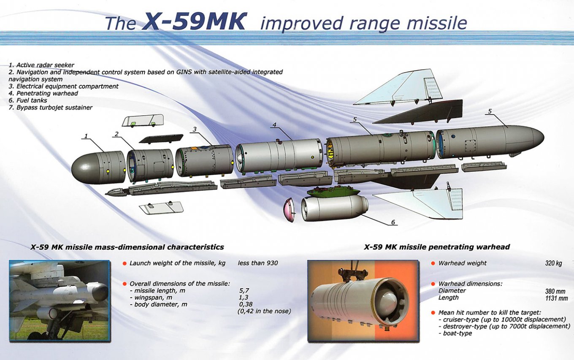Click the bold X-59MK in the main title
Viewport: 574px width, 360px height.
pyautogui.click(x=193, y=22)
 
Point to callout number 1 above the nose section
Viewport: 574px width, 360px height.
pyautogui.click(x=86, y=136)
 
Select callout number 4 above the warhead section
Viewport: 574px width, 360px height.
pyautogui.click(x=274, y=125)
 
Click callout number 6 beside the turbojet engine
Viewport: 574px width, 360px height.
pyautogui.click(x=393, y=222)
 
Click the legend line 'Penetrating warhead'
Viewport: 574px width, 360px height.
pyautogui.click(x=43, y=93)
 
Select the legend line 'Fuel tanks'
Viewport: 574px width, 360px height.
pyautogui.click(x=28, y=100)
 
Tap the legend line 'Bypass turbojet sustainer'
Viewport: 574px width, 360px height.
pyautogui.click(x=50, y=108)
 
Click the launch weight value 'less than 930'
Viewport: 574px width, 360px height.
pyautogui.click(x=258, y=263)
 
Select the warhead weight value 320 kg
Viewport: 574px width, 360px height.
pyautogui.click(x=553, y=263)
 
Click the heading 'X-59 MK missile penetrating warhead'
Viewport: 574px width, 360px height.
pyautogui.click(x=437, y=247)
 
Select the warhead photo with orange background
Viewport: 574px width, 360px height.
pyautogui.click(x=363, y=300)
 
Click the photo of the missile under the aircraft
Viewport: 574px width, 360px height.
pyautogui.click(x=60, y=300)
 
